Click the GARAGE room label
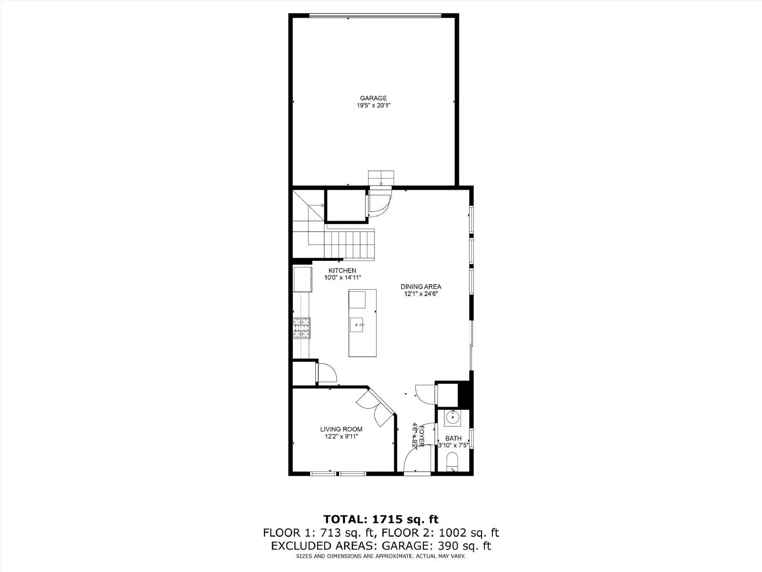click(x=373, y=98)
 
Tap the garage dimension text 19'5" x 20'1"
click(x=373, y=105)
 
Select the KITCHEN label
click(x=342, y=270)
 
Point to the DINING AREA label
click(x=421, y=286)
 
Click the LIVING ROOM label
click(x=341, y=429)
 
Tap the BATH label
click(x=453, y=438)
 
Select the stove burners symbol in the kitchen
click(x=301, y=328)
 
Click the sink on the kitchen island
click(x=357, y=325)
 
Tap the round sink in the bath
click(x=452, y=418)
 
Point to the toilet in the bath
click(x=452, y=462)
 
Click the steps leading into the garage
click(x=381, y=178)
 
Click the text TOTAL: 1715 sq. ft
click(x=381, y=519)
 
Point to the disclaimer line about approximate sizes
click(x=381, y=556)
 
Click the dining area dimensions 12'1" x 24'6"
click(x=421, y=294)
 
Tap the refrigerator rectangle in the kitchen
click(x=302, y=279)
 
